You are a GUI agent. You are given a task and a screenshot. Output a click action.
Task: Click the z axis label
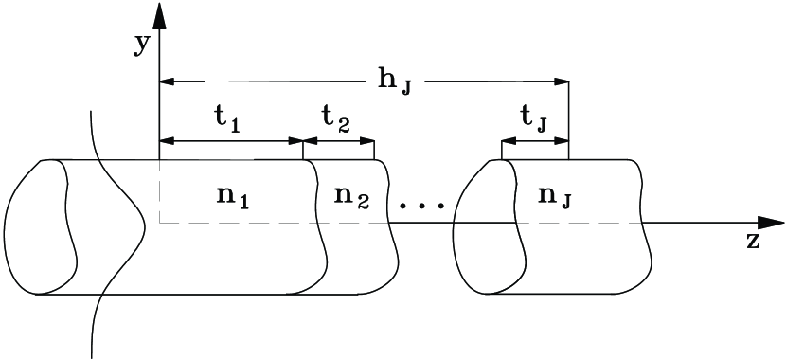click(753, 241)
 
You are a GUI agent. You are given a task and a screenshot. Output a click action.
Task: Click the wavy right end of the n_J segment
click(648, 227)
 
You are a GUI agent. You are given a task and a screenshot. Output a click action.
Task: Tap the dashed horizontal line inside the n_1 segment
click(237, 224)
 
